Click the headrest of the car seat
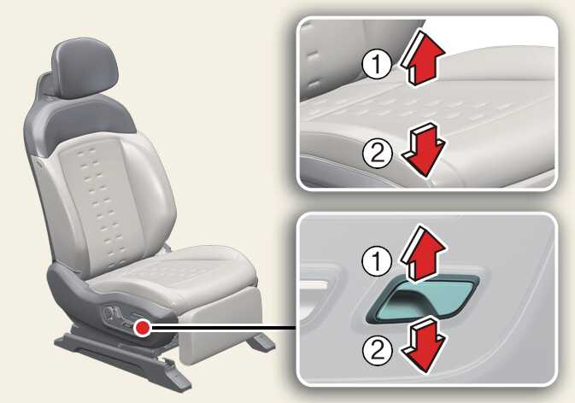tap(87, 67)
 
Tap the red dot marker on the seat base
tap(143, 327)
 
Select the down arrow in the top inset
tap(424, 150)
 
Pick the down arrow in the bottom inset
tap(424, 345)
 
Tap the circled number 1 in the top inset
tap(377, 64)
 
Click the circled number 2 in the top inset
tap(378, 154)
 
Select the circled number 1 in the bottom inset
tap(377, 261)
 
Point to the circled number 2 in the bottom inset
tap(378, 349)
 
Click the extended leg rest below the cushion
tap(220, 326)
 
